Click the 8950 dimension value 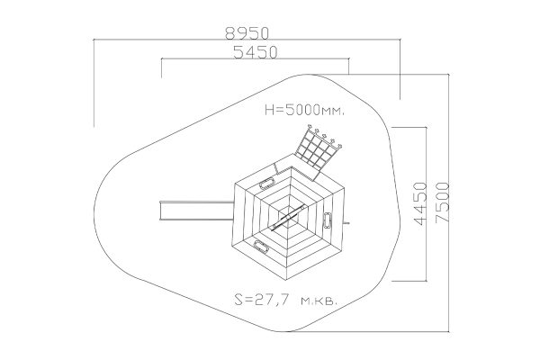point(247,33)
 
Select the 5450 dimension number point(256,52)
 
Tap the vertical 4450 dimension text point(421,203)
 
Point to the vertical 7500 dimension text point(443,202)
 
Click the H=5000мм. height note point(304,110)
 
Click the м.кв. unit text point(319,301)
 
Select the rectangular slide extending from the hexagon point(196,211)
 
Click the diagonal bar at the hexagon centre point(289,218)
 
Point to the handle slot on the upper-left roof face point(267,183)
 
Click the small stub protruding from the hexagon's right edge point(346,223)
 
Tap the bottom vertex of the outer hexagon point(288,281)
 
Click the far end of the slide point(160,211)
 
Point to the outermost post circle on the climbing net point(340,147)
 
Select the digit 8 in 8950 point(230,33)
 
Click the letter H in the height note point(269,110)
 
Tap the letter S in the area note point(238,300)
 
